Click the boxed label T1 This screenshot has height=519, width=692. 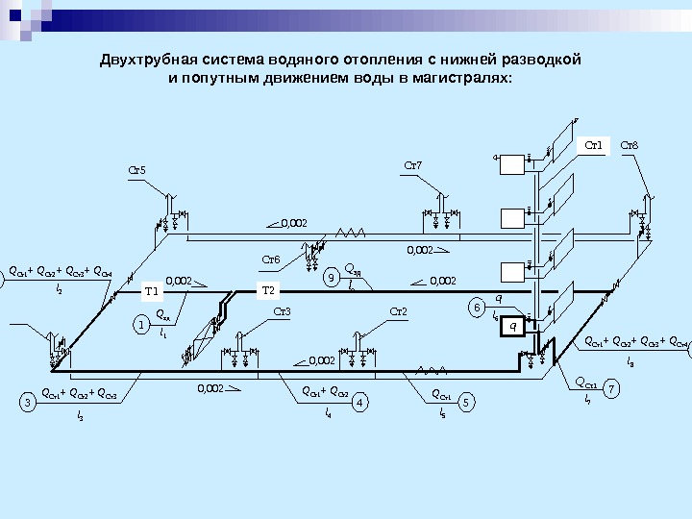pos(150,291)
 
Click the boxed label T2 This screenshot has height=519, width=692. pos(268,290)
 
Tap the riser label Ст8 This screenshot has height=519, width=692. pos(630,146)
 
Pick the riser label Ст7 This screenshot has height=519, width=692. pos(412,166)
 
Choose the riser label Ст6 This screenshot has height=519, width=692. pos(271,259)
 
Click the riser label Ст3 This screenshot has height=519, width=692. pos(282,311)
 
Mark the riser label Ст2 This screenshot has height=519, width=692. pos(400,311)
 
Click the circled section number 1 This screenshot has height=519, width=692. pos(142,326)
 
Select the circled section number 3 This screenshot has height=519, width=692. pos(30,402)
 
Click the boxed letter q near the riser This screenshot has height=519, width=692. pos(512,327)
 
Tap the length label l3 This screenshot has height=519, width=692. pos(80,416)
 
